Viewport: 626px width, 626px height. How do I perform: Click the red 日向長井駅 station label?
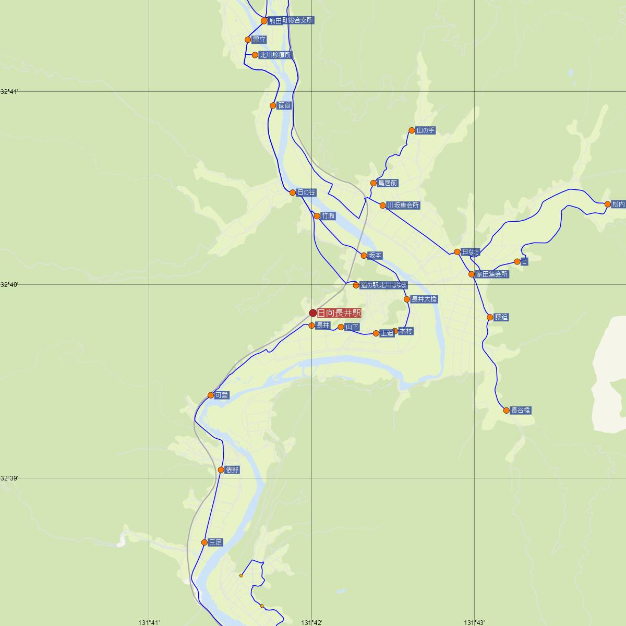click(339, 313)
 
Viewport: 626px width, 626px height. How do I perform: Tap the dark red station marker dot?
click(313, 313)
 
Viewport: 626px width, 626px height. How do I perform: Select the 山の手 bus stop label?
click(425, 130)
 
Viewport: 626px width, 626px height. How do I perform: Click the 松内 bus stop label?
click(619, 204)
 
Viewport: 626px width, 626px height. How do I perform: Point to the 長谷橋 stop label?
click(520, 411)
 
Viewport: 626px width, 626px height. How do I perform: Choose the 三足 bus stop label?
click(215, 543)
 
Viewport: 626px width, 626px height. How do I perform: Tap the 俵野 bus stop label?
click(232, 469)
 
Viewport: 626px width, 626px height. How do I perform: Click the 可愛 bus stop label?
click(222, 395)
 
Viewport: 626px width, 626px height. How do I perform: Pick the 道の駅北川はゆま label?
click(383, 285)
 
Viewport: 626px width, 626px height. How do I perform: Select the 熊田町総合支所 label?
click(291, 21)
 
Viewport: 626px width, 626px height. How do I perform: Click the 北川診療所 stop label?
click(275, 55)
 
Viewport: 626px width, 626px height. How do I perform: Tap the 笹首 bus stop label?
click(284, 105)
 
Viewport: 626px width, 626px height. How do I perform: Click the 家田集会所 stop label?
click(491, 274)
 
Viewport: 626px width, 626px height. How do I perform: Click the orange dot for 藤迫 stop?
click(490, 317)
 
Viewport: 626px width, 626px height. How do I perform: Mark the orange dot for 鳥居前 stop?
click(374, 183)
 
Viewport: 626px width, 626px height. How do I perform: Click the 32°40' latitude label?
click(9, 285)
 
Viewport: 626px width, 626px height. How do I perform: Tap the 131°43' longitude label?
click(474, 622)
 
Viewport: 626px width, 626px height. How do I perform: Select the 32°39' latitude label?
click(9, 478)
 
